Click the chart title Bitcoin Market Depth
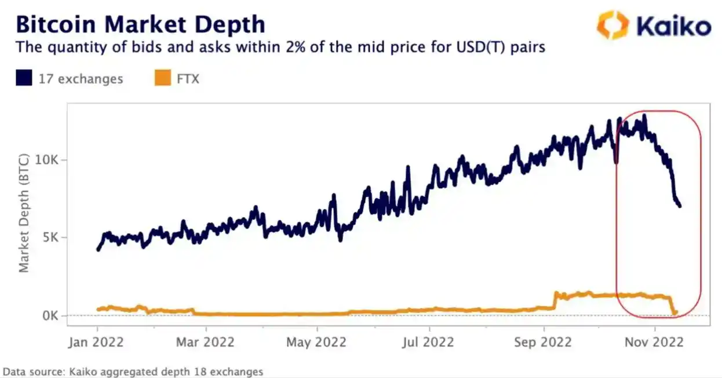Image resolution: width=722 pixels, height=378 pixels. tap(140, 24)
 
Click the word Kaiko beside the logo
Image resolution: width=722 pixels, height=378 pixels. tap(673, 27)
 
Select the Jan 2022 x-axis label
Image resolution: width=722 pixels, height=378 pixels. tap(97, 342)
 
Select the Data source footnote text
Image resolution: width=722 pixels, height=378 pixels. tap(133, 371)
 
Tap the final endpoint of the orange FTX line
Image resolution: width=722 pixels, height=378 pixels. tap(675, 312)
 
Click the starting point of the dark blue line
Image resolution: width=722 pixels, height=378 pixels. tap(98, 249)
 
